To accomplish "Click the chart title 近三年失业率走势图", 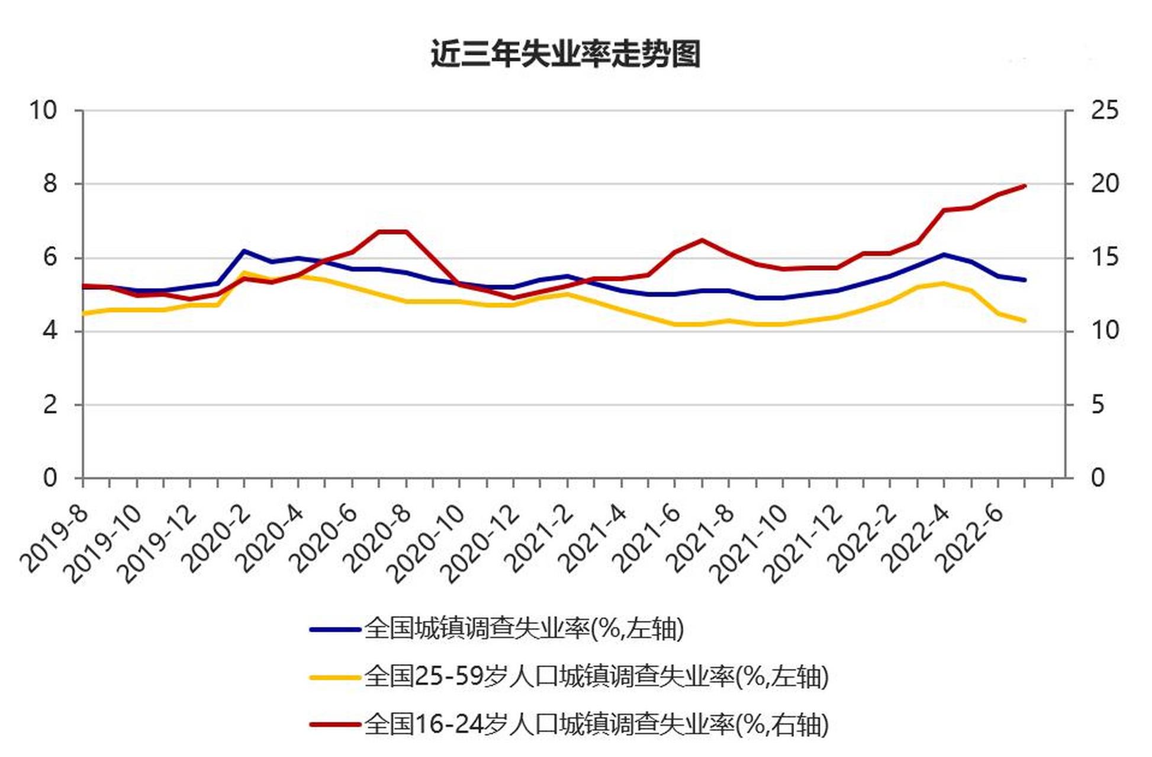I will pos(565,54).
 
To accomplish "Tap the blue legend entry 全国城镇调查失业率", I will pos(524,629).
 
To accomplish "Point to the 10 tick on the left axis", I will pos(43,111).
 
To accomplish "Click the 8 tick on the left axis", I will pos(50,184).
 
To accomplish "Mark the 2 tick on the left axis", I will pos(50,405).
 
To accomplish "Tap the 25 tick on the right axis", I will pos(1105,111).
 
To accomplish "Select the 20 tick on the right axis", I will pos(1105,184).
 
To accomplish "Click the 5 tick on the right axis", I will pos(1098,405).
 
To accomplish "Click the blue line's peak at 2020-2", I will pos(244,251).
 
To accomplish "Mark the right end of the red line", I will pos(1025,186).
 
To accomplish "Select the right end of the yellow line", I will pos(1025,321).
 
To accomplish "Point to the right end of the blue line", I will pos(1025,280).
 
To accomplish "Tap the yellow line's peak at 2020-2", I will pos(244,273).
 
